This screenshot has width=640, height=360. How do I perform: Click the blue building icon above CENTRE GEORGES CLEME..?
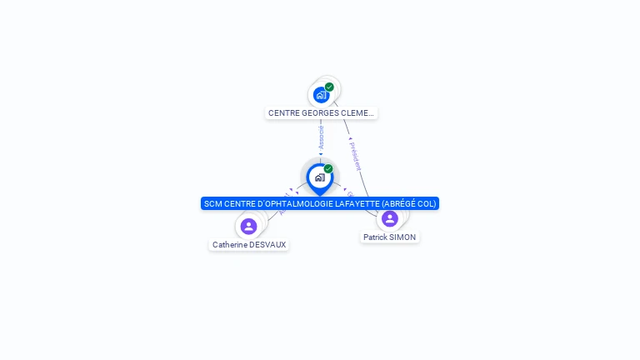(321, 95)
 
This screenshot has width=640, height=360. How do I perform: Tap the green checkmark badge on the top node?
(329, 87)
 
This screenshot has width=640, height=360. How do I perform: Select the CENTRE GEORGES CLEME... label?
(321, 112)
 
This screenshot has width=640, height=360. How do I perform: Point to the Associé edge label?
(321, 138)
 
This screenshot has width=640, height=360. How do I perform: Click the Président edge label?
(355, 156)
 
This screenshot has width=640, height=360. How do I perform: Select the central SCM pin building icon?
(319, 177)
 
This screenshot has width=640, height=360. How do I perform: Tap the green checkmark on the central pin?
(328, 169)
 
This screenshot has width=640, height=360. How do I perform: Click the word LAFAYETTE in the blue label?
(357, 203)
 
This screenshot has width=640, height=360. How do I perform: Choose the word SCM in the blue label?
(213, 203)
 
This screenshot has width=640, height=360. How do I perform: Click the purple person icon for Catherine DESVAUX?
(248, 226)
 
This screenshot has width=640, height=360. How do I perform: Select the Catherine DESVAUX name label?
(249, 245)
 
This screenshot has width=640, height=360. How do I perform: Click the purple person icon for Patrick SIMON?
(389, 218)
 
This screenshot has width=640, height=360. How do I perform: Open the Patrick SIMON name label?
(389, 237)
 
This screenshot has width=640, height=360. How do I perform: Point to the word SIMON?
(402, 237)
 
